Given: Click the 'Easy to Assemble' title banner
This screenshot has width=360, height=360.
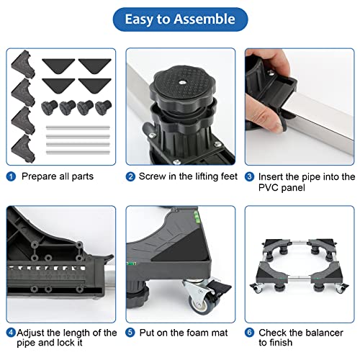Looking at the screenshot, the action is point(180,19).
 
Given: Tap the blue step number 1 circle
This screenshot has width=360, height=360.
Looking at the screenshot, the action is point(11,176).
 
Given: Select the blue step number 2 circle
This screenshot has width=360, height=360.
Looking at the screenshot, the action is point(130,176).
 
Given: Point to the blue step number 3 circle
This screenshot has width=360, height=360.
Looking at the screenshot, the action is point(249,176).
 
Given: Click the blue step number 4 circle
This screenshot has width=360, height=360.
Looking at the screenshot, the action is point(11,333).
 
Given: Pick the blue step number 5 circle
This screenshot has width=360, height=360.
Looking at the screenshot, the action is point(130,333).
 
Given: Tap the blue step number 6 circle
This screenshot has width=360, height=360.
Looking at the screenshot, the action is point(249,333).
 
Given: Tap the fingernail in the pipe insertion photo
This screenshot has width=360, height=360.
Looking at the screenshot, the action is point(279,125).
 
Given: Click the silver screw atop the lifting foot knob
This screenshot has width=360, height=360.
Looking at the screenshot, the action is point(181,82).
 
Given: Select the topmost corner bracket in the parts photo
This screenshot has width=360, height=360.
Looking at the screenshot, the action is point(23,63).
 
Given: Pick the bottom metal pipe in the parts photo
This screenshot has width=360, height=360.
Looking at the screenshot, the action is point(78,152).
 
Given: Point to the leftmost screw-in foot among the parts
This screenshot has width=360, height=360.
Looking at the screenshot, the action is point(49,107).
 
